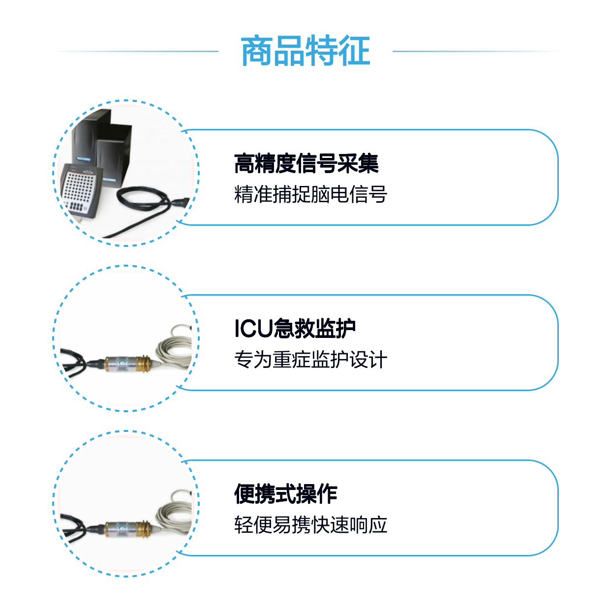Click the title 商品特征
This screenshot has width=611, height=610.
tap(305, 51)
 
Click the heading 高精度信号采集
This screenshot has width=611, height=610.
tap(306, 164)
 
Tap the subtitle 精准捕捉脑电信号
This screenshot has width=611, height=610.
tap(310, 194)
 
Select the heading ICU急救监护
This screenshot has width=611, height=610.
tap(295, 328)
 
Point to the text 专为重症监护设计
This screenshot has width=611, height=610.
tap(310, 359)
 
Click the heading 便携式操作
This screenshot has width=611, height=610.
tap(285, 494)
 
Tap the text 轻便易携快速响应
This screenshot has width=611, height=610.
tap(310, 525)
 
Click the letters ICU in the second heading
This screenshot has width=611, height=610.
tap(253, 329)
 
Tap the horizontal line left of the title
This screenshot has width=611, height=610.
tap(136, 51)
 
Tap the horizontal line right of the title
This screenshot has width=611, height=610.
tap(475, 51)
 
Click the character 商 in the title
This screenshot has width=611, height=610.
tap(256, 51)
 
